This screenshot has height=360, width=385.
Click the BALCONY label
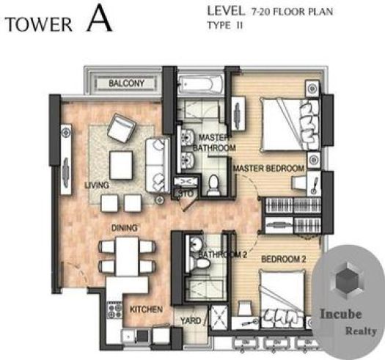click(x=126, y=84)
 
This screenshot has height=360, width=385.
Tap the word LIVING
click(x=97, y=185)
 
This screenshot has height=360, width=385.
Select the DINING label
click(x=125, y=228)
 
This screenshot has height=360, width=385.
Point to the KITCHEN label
click(x=146, y=309)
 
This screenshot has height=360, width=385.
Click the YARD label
click(x=191, y=320)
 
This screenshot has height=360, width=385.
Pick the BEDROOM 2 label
click(x=284, y=260)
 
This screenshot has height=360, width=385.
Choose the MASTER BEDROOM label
click(x=268, y=169)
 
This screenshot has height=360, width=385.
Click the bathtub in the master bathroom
click(x=201, y=84)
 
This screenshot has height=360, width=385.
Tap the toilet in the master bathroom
click(x=213, y=185)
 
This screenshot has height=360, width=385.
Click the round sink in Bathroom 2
click(x=196, y=244)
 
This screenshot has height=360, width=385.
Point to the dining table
click(x=127, y=256)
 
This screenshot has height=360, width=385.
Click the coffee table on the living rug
click(x=121, y=165)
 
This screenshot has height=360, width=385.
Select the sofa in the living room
click(x=158, y=166)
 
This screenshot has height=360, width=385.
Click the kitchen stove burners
click(x=114, y=310)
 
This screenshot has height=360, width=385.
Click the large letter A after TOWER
click(x=99, y=18)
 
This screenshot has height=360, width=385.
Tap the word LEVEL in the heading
click(x=226, y=11)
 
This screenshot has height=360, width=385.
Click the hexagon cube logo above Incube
click(x=347, y=280)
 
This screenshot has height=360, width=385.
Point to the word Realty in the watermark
click(x=361, y=331)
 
